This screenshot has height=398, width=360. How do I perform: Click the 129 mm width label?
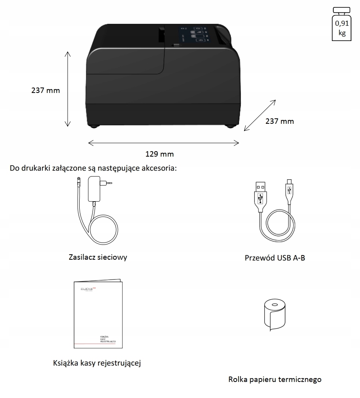[x=159, y=154]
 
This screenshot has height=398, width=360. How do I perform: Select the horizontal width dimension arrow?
[x=164, y=143]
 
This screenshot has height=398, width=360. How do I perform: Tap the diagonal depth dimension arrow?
[x=260, y=115]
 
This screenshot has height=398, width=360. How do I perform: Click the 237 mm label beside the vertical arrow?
[x=46, y=91]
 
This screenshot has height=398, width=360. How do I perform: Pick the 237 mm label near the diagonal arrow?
[x=280, y=121]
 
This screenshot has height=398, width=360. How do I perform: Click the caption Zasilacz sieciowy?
[x=98, y=257]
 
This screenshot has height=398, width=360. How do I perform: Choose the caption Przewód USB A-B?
[x=275, y=258]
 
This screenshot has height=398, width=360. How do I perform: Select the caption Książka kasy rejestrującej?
[x=97, y=363]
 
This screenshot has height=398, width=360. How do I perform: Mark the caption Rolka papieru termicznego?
[x=275, y=379]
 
